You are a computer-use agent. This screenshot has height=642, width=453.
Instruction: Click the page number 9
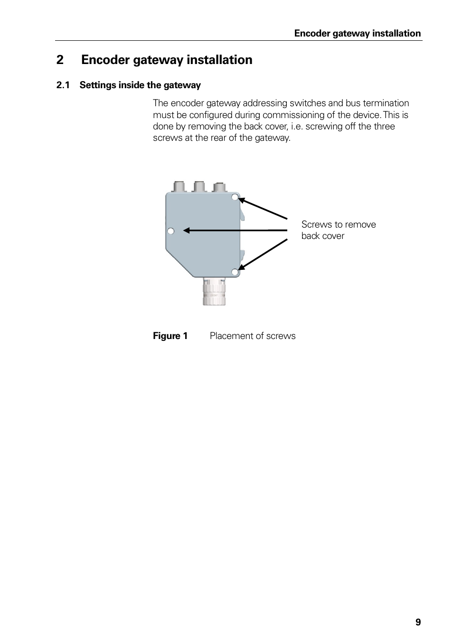click(418, 622)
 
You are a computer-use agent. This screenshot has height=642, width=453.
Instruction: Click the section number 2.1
click(63, 85)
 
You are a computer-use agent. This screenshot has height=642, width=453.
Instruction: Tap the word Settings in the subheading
click(98, 85)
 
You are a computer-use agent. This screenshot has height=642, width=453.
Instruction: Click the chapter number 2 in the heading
click(60, 60)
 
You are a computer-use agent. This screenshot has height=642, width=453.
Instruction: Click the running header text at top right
click(357, 33)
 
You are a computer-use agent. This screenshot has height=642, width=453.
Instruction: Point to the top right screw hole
click(235, 197)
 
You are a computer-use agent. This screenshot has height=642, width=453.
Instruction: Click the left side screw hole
click(171, 231)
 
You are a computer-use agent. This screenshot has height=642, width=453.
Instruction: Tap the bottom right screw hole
click(235, 272)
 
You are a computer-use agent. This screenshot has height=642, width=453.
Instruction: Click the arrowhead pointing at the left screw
click(187, 230)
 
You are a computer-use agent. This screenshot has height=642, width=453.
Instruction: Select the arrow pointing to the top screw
click(264, 209)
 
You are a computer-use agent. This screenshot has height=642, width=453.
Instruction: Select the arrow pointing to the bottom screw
click(264, 254)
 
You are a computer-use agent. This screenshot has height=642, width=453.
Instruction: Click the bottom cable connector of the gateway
click(214, 292)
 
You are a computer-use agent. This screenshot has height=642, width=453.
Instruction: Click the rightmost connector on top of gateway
click(219, 186)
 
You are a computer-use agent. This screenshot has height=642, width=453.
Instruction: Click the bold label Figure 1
click(170, 336)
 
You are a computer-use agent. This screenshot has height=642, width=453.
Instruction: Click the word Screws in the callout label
click(316, 224)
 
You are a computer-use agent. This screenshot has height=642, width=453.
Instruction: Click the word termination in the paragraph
click(385, 103)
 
